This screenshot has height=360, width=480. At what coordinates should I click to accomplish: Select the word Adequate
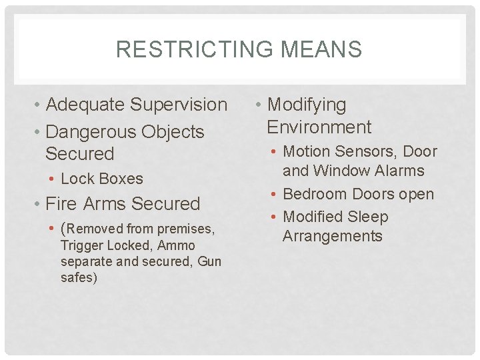(x=86, y=105)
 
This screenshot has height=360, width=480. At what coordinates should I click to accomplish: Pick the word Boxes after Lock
(x=120, y=179)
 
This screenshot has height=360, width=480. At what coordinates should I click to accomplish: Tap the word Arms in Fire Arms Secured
(x=108, y=204)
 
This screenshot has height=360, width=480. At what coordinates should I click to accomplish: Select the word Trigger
(x=82, y=245)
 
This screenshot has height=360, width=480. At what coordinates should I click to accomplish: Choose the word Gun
(x=209, y=261)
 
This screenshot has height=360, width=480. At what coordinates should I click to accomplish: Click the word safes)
(x=79, y=277)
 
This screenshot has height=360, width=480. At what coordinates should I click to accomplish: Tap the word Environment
(x=319, y=127)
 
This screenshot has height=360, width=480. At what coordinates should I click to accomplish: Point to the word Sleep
(x=367, y=217)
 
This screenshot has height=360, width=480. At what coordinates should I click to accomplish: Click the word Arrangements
(x=333, y=236)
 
